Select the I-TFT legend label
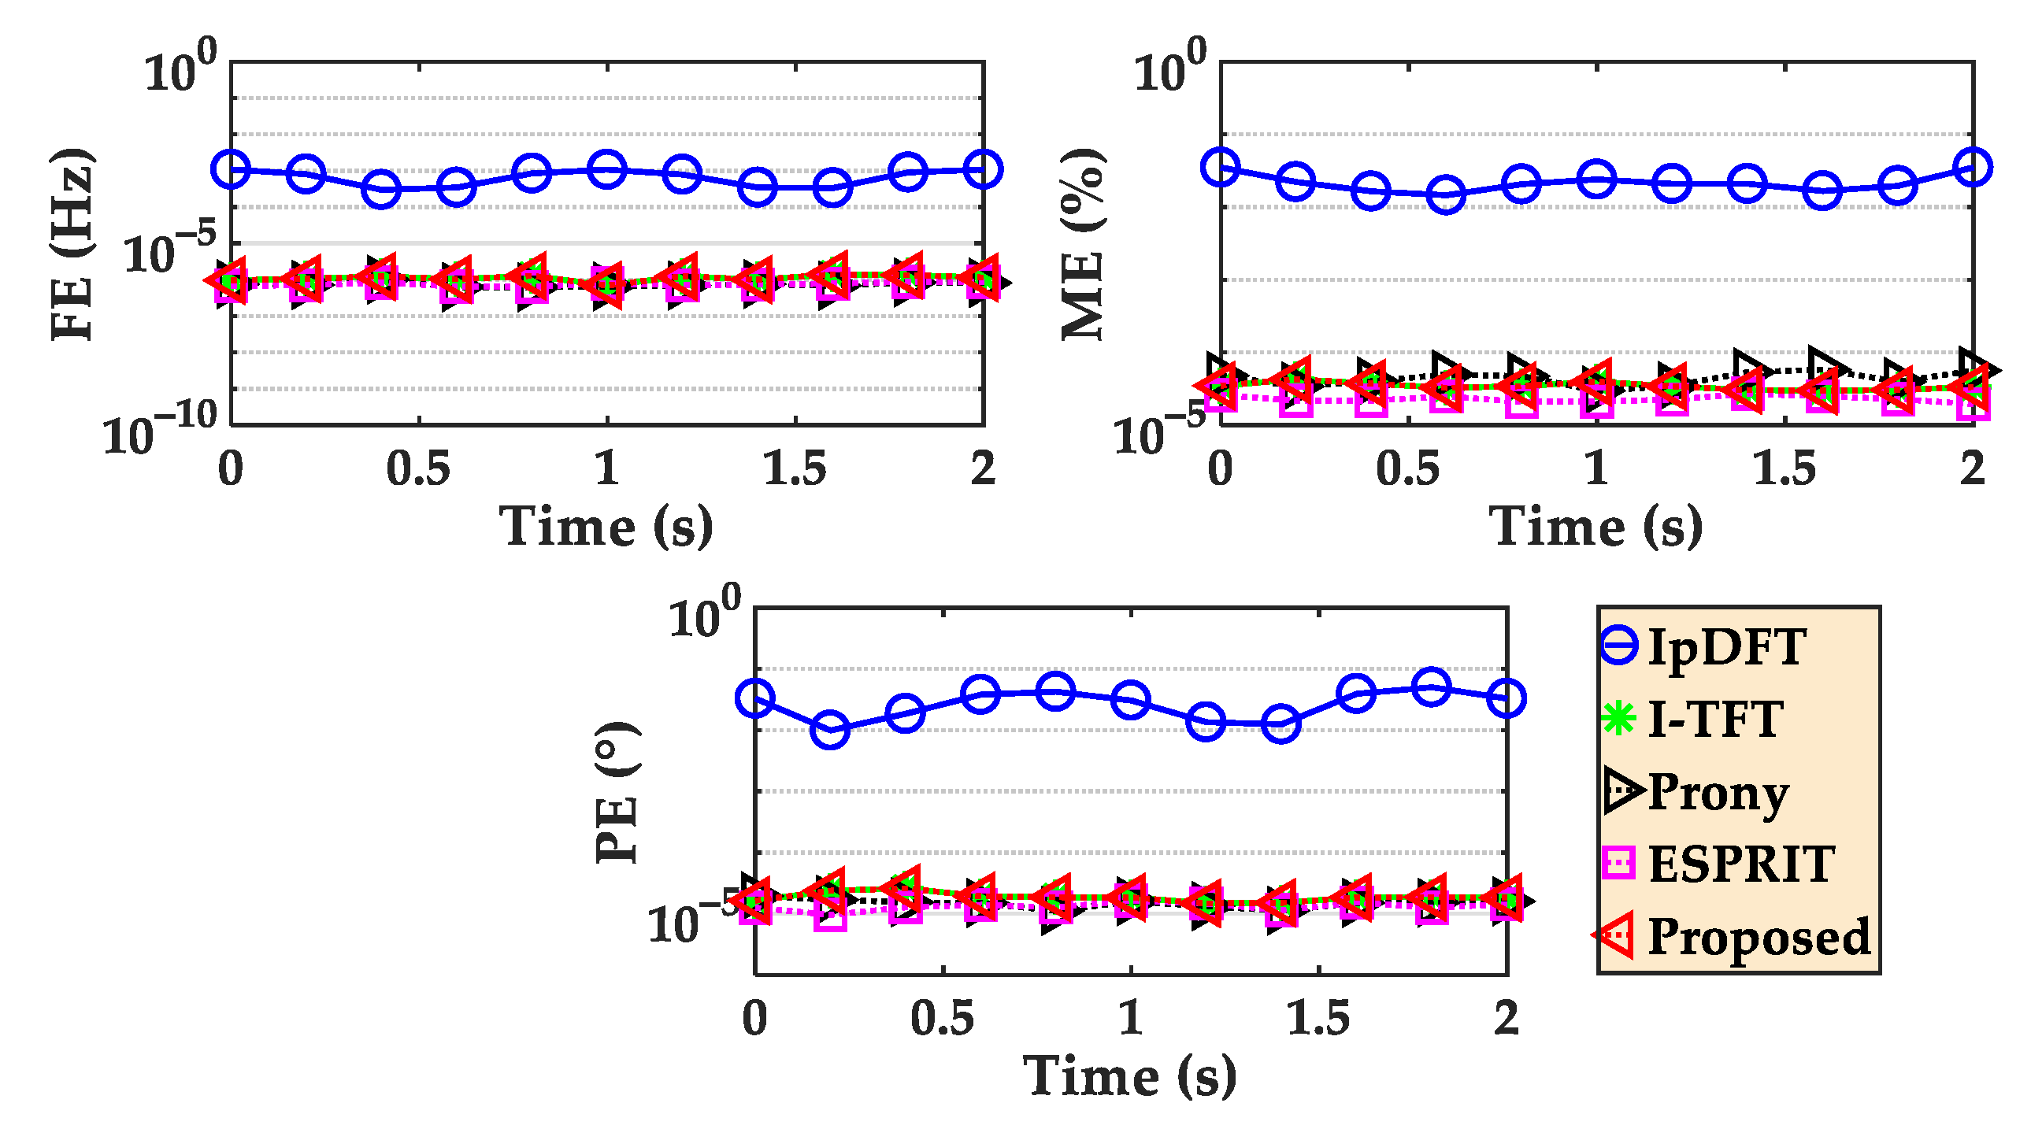pyautogui.click(x=1714, y=719)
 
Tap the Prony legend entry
pyautogui.click(x=1718, y=791)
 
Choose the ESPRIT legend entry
pyautogui.click(x=1741, y=864)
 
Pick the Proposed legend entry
pyautogui.click(x=1759, y=937)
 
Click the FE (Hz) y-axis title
pyautogui.click(x=72, y=244)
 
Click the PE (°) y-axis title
pyautogui.click(x=617, y=791)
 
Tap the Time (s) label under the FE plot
pyautogui.click(x=606, y=527)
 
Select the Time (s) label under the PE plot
pyautogui.click(x=1130, y=1076)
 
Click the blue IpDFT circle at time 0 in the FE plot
pyautogui.click(x=231, y=169)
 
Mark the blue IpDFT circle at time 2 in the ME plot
pyautogui.click(x=1973, y=167)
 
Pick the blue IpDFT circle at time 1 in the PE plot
pyautogui.click(x=1131, y=699)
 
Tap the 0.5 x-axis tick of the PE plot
pyautogui.click(x=942, y=1018)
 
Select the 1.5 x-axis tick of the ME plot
pyautogui.click(x=1784, y=469)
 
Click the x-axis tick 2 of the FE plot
pyautogui.click(x=982, y=469)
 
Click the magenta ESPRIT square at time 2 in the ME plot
pyautogui.click(x=1974, y=403)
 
